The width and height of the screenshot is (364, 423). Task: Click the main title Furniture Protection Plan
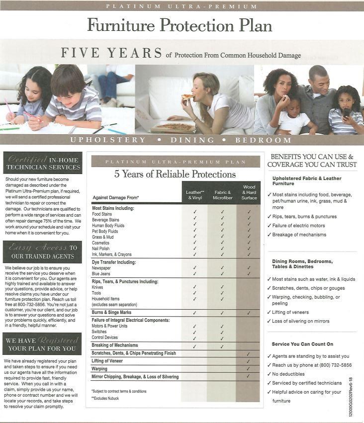180,24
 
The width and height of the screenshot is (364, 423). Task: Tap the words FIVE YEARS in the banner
111,53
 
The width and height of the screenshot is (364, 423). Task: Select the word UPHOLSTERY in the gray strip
108,140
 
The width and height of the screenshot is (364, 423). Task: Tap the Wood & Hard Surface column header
249,192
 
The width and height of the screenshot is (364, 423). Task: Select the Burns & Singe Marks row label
111,313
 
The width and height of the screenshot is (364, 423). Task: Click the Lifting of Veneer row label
107,361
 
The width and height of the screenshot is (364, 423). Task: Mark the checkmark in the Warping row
248,369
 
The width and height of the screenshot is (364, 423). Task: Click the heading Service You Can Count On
302,344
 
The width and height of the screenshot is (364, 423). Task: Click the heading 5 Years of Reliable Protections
175,174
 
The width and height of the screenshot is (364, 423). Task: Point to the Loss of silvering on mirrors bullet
300,321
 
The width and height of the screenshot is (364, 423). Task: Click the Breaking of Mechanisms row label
115,345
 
